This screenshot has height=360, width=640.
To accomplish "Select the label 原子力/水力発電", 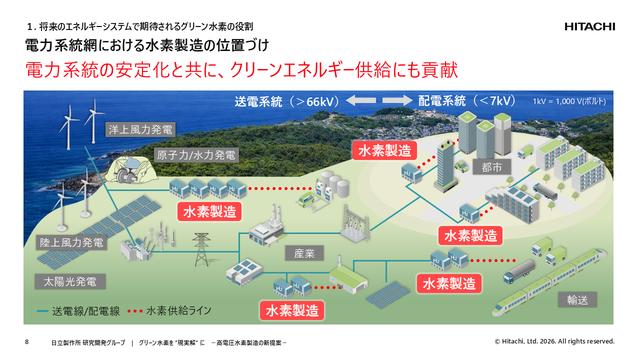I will [196, 156].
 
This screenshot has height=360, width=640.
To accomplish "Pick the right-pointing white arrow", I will [397, 101].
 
